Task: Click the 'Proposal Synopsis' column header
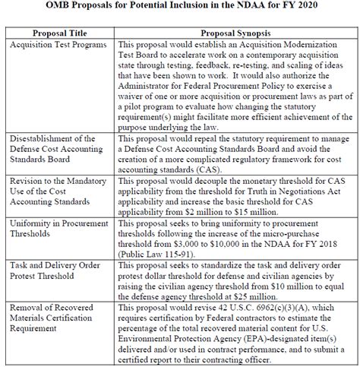(x=236, y=34)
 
